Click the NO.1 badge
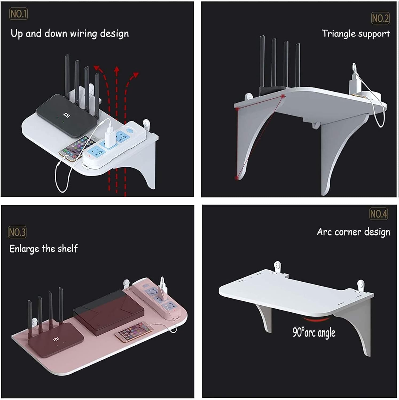pos(18,14)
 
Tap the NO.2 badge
pos(380,18)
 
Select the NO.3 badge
pos(17,232)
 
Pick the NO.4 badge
pos(378,214)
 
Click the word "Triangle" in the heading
pos(339,34)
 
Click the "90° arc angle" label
pos(314,332)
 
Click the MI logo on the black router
pos(66,115)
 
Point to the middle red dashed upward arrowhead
pos(116,70)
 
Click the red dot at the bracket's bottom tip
pos(237,178)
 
